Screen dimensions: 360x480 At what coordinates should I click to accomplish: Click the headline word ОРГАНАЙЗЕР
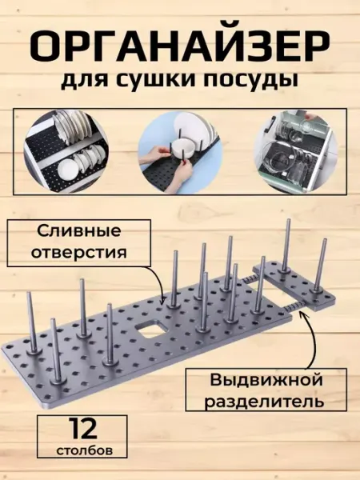(180, 47)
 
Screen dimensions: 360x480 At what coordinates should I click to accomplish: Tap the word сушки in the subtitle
(159, 80)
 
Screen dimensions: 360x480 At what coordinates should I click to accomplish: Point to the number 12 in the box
(82, 429)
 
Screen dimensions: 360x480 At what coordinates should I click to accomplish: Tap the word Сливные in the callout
(78, 231)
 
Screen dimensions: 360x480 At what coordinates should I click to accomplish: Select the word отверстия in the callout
(79, 254)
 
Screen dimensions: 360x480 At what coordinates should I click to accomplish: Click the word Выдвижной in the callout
(266, 381)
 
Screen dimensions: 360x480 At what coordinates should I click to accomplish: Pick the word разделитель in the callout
(264, 402)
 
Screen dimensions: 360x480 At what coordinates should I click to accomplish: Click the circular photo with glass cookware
(296, 151)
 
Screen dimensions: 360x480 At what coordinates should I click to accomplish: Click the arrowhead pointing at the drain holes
(163, 301)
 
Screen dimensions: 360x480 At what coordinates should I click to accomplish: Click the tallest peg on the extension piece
(287, 246)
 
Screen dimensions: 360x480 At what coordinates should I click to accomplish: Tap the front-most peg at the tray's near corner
(56, 351)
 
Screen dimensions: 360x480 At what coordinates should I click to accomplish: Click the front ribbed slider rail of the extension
(294, 306)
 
